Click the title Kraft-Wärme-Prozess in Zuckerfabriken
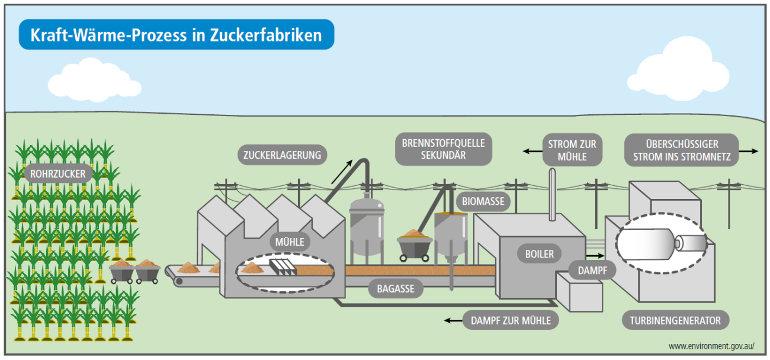pos(176,34)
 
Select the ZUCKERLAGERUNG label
pos(282,155)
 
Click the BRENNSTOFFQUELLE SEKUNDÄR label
pos(444,149)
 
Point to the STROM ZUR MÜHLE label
pos(572,150)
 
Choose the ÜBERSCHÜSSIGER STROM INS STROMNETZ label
pos(682,150)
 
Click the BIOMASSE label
pos(483,201)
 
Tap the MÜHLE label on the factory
pos(290,242)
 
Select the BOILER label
pos(539,254)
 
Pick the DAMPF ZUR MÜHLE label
pos(510,320)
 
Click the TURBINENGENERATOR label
pos(675,320)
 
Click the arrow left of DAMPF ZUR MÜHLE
pos(454,320)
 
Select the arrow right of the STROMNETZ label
pos(749,151)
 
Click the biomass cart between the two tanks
pos(414,243)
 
